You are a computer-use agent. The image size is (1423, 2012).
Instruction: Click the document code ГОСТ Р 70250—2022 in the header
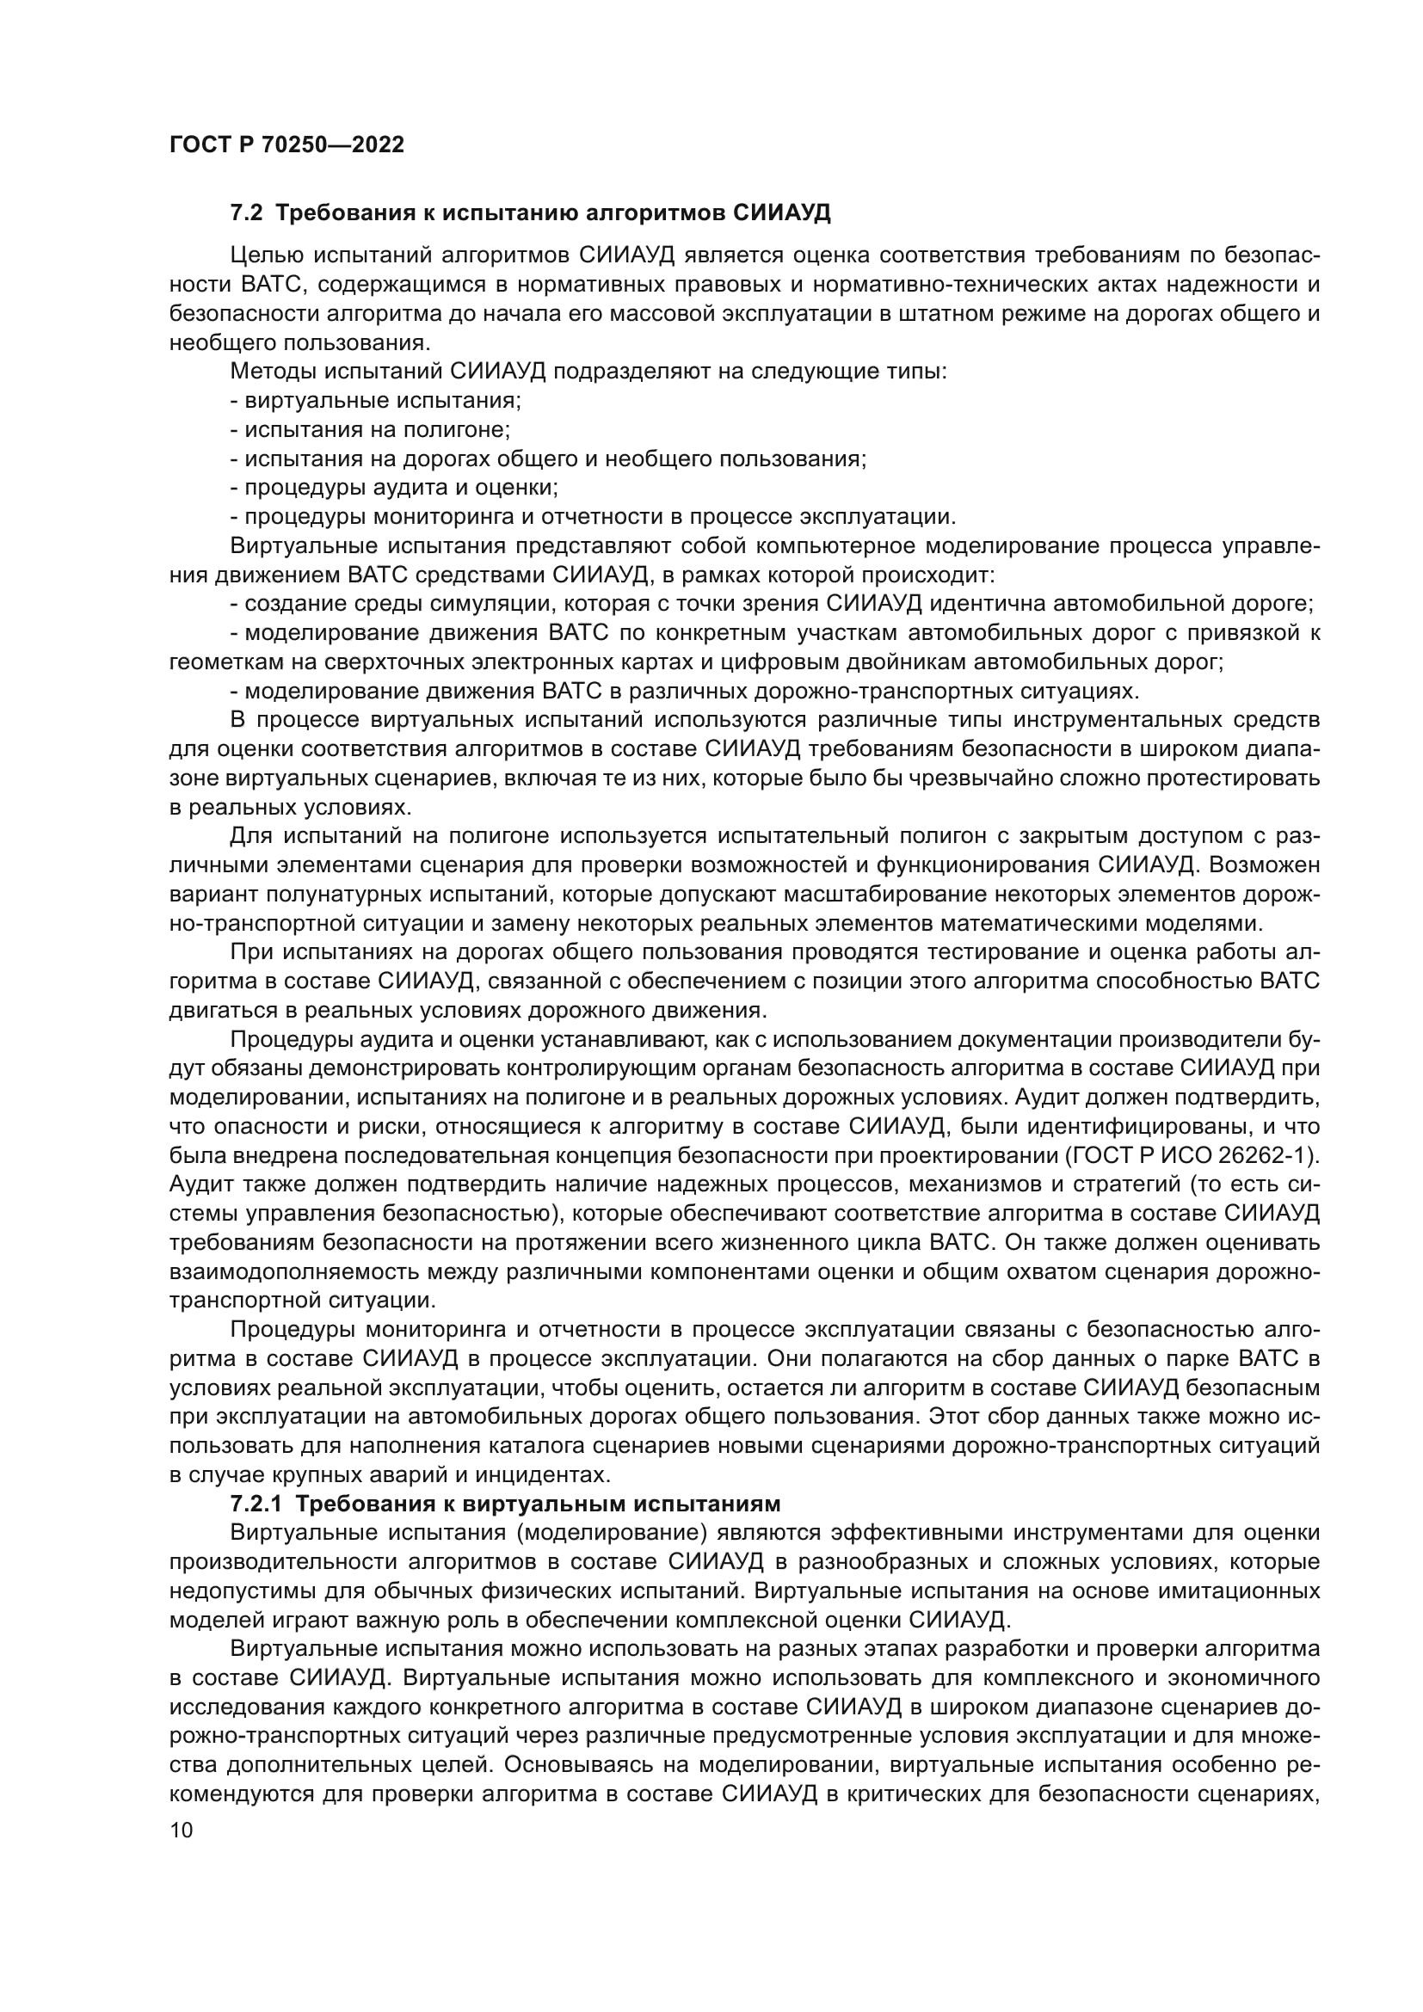(286, 145)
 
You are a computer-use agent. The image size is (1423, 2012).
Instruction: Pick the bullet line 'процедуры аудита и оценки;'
(401, 487)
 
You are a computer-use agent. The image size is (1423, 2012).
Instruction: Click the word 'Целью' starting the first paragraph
(267, 255)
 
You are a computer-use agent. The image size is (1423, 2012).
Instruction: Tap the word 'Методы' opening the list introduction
(272, 372)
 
